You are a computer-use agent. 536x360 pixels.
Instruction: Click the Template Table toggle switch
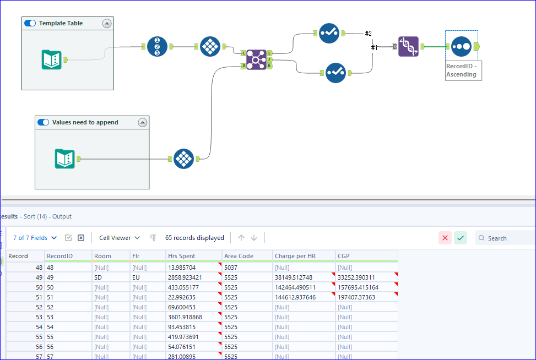pos(30,24)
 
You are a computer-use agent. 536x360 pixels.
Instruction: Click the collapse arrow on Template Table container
pos(107,24)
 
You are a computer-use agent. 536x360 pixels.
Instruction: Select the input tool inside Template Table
pos(52,59)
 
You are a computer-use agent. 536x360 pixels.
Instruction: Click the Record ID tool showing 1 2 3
pos(157,46)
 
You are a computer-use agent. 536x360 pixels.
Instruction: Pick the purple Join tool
pos(256,59)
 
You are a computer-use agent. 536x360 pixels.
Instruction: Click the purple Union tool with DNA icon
pos(408,47)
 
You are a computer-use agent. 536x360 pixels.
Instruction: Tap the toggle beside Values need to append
pos(44,122)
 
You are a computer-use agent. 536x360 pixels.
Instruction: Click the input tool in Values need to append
pos(65,159)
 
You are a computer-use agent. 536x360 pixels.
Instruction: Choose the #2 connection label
pos(368,34)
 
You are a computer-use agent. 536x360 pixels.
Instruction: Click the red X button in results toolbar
pos(445,238)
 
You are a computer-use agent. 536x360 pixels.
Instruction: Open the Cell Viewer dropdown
pos(120,238)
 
